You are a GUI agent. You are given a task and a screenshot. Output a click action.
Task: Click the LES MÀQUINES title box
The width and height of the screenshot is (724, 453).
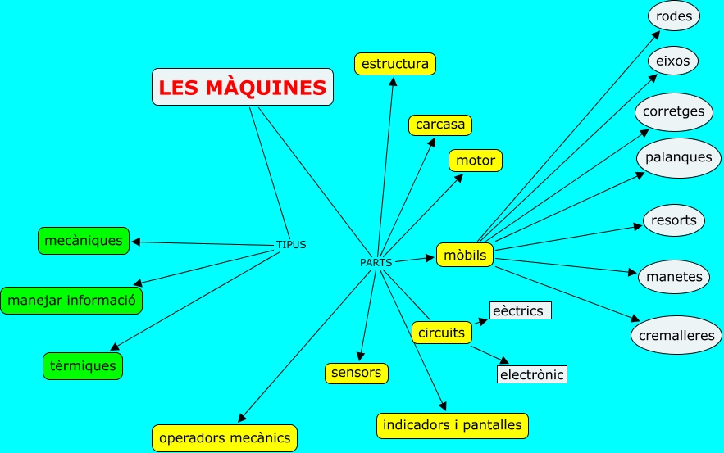[243, 87]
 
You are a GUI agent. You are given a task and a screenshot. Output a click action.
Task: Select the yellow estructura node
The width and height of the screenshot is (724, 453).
[395, 64]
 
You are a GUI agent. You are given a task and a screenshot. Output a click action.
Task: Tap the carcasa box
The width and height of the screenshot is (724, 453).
[440, 125]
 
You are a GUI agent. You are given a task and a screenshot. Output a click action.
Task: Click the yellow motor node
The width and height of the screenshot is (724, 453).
[476, 161]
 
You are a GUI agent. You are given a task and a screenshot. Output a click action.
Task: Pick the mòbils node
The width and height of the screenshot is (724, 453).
[465, 256]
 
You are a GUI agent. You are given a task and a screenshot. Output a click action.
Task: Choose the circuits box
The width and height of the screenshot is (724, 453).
[441, 333]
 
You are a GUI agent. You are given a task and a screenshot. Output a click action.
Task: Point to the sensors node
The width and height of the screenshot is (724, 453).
[356, 373]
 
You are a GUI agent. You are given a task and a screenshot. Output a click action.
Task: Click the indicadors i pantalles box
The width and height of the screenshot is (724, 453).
[453, 425]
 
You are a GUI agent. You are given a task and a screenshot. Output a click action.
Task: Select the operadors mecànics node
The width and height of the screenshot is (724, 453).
[225, 437]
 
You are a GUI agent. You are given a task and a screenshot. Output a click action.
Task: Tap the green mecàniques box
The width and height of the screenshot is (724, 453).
[84, 241]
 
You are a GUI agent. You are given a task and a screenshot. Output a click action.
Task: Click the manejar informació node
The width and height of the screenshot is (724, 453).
[71, 301]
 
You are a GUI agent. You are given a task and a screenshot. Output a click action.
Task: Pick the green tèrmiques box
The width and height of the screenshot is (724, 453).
[83, 365]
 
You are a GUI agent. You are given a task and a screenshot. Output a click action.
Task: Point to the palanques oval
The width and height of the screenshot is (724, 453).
[678, 156]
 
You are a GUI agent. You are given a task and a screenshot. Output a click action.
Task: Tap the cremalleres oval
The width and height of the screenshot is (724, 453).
[677, 335]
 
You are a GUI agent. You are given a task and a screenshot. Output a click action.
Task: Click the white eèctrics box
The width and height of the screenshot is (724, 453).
[520, 311]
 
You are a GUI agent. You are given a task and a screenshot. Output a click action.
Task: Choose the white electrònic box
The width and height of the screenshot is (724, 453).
[532, 375]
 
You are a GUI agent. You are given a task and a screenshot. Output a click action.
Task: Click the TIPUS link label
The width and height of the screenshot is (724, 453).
[291, 245]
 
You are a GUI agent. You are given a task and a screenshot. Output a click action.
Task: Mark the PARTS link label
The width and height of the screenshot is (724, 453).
[376, 263]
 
